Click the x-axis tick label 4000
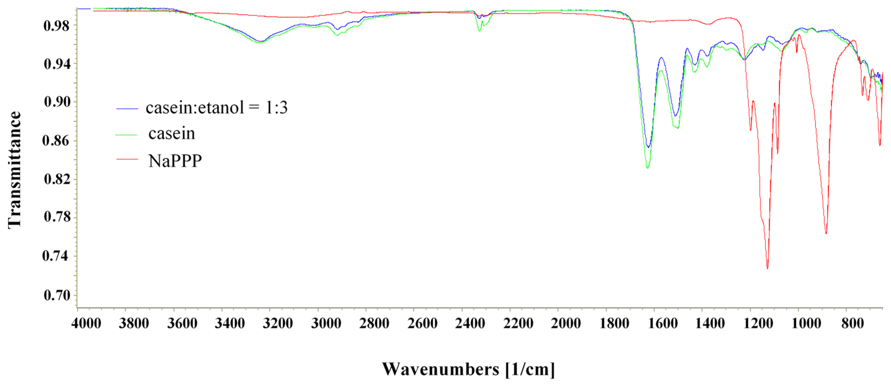coord(86,324)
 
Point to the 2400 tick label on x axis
coord(470,324)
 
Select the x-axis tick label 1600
coord(662,324)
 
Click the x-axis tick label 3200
coord(278,324)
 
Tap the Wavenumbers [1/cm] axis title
coord(468,369)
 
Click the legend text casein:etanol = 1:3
coord(217,108)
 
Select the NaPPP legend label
coord(175,161)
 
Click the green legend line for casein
coord(127,135)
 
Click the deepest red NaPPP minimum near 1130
coord(767,268)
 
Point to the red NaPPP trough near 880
coord(826,233)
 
